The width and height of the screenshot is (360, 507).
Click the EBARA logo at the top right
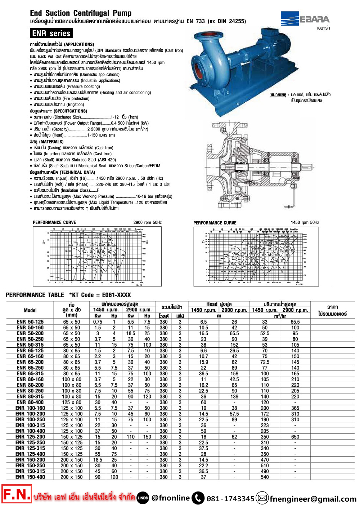(305, 19)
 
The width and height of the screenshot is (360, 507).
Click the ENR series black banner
(51, 34)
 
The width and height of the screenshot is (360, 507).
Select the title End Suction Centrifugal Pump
(81, 13)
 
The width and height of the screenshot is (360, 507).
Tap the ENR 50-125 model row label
(30, 322)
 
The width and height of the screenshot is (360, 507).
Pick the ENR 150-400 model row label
(30, 477)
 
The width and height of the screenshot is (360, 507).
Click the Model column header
(30, 310)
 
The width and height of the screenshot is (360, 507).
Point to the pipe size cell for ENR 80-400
(72, 402)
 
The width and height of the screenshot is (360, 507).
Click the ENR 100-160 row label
(30, 408)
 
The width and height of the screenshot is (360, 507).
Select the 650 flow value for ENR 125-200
(295, 437)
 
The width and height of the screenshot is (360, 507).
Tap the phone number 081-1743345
(230, 499)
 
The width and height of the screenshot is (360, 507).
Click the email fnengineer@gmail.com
(313, 499)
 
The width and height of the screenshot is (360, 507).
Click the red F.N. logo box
(17, 494)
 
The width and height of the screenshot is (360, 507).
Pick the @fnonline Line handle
(170, 498)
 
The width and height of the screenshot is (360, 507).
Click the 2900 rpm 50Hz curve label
(148, 222)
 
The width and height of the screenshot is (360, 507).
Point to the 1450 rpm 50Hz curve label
(305, 222)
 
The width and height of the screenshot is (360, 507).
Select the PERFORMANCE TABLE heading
(35, 295)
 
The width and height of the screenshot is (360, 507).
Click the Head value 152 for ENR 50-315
(234, 345)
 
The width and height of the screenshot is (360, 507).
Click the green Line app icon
(143, 498)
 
